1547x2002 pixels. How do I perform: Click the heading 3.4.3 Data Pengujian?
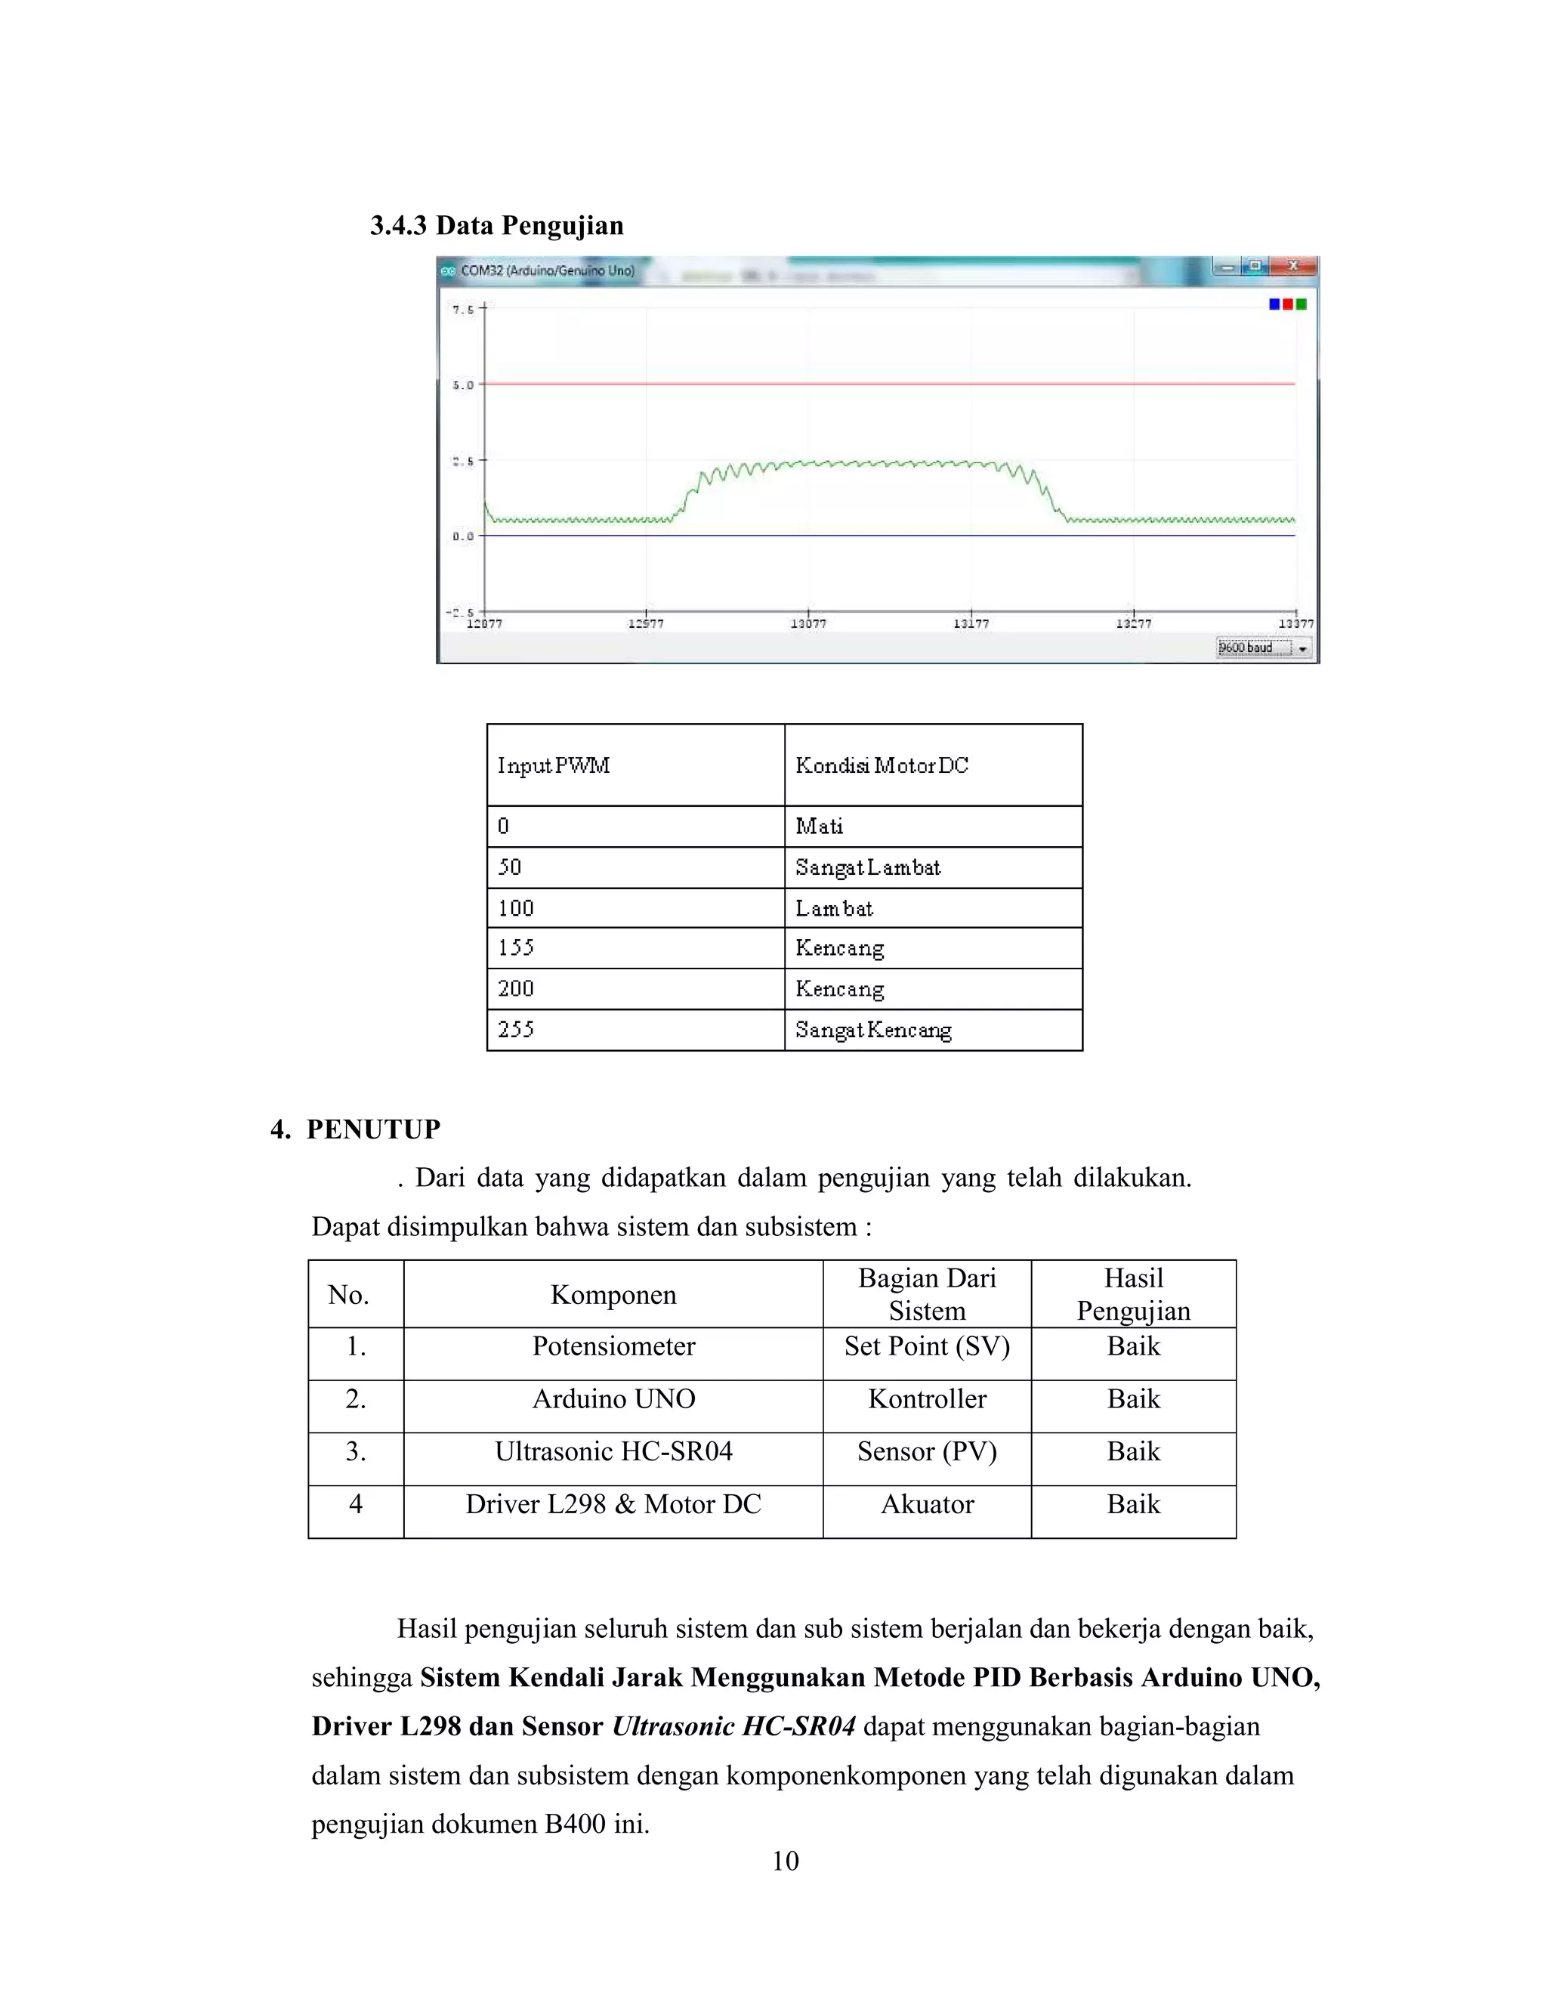point(497,225)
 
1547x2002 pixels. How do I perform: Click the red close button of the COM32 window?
point(1293,266)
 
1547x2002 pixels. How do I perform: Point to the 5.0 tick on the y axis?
point(464,385)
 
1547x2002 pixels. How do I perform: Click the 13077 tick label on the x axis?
point(808,623)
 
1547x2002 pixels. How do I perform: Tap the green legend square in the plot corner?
point(1302,304)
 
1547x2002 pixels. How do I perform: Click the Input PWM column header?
point(554,765)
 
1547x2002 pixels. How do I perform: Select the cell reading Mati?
point(820,826)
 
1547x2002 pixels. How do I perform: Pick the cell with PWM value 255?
point(516,1030)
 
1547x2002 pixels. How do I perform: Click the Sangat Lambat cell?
point(868,867)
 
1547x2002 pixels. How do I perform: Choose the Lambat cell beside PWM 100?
point(834,908)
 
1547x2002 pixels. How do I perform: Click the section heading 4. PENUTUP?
point(356,1129)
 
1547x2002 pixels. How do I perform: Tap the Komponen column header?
point(613,1294)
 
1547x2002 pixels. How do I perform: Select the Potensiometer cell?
point(613,1346)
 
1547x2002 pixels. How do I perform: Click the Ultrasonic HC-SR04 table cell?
point(613,1451)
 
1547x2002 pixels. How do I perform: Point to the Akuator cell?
point(927,1504)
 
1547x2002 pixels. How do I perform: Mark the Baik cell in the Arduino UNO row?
point(1133,1399)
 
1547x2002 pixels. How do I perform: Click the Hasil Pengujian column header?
point(1133,1294)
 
